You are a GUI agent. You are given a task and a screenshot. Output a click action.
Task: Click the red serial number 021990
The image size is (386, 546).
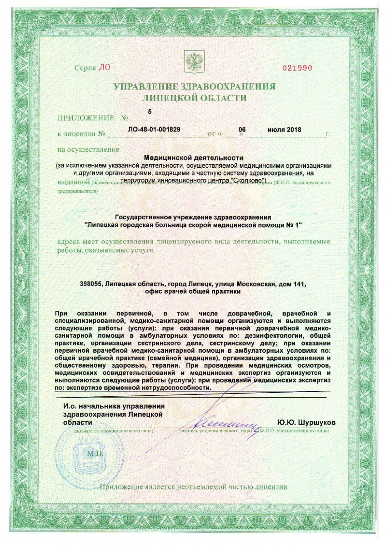pyautogui.click(x=297, y=68)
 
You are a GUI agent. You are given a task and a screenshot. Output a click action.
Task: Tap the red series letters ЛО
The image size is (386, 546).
pyautogui.click(x=104, y=68)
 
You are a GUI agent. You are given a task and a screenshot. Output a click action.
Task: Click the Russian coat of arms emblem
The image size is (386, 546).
pyautogui.click(x=193, y=61)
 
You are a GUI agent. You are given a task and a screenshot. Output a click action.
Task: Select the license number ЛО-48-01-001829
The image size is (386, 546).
pyautogui.click(x=155, y=129)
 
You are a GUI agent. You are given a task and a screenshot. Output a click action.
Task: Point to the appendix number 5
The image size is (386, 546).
pyautogui.click(x=150, y=111)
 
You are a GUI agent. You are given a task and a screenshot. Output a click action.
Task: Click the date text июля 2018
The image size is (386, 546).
pyautogui.click(x=284, y=130)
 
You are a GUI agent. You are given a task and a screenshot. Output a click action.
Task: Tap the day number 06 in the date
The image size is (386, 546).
pyautogui.click(x=242, y=129)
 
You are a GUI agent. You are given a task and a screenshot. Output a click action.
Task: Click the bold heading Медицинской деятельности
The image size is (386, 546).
pyautogui.click(x=193, y=157)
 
